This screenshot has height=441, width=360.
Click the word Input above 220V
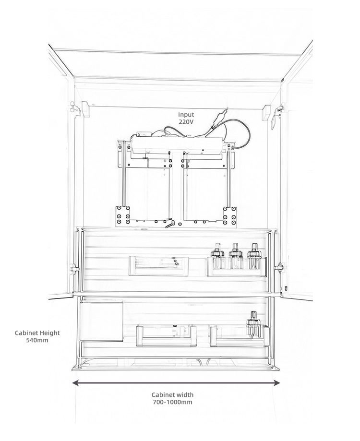[186, 115]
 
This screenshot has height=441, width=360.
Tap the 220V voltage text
[186, 122]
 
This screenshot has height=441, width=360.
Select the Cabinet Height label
[37, 333]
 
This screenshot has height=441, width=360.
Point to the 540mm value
[37, 340]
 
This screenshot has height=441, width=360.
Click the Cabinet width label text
[172, 394]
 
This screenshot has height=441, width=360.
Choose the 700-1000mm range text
[172, 402]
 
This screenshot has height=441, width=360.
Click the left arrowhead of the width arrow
[75, 382]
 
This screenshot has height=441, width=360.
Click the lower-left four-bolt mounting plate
[123, 216]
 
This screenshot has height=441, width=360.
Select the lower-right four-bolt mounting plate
[230, 216]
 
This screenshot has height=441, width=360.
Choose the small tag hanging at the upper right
[273, 121]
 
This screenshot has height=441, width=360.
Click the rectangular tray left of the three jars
[158, 266]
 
